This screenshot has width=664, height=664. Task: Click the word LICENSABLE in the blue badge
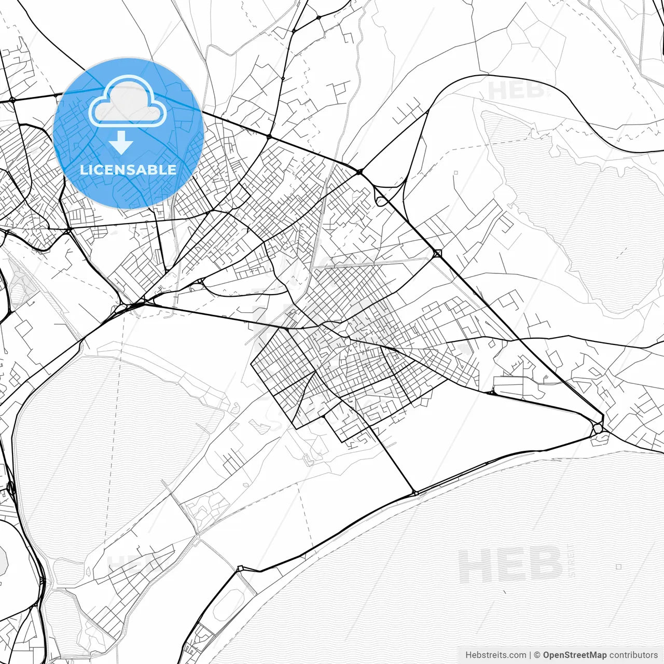(128, 170)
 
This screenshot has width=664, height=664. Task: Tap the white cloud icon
(128, 102)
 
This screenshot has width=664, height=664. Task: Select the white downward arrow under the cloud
(121, 143)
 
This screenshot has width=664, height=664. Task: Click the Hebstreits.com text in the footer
(495, 655)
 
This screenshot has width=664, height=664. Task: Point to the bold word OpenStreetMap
(575, 655)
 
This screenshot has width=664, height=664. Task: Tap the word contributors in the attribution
(633, 655)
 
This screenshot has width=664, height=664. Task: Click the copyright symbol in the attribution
(537, 655)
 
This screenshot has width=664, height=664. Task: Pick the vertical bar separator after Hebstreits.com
(530, 655)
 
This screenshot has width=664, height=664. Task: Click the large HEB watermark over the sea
(511, 565)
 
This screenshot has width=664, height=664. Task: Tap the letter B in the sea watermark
(545, 565)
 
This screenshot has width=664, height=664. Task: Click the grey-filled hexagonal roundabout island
(598, 428)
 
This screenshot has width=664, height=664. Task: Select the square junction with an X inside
(437, 254)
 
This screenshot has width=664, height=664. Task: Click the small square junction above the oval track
(240, 569)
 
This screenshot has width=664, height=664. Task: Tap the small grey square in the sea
(618, 567)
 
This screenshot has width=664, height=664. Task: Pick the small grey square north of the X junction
(455, 173)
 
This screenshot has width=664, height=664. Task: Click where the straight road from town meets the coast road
(414, 493)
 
